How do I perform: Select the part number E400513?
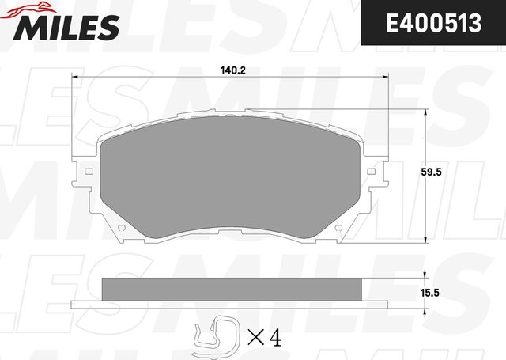(433, 25)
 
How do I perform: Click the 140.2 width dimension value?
(232, 70)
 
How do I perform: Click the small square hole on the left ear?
(89, 171)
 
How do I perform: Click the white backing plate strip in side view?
(233, 304)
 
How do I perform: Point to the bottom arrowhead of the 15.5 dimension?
(428, 304)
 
